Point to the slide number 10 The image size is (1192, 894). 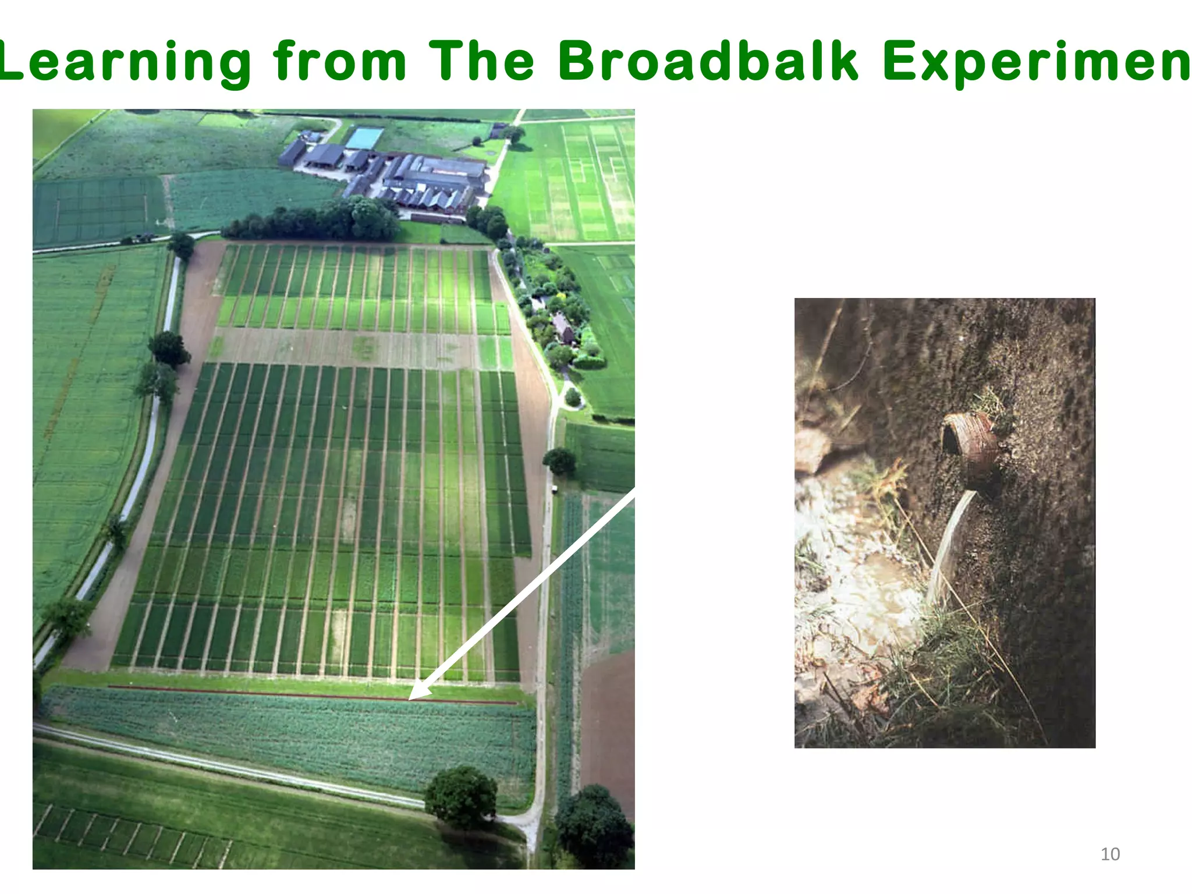coord(1110,854)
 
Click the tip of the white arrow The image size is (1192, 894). coord(411,698)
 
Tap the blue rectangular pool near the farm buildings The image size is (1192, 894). coord(364,138)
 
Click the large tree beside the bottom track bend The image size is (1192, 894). coord(461,795)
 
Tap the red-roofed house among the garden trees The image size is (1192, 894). coord(563,327)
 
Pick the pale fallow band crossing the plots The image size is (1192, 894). coord(349,347)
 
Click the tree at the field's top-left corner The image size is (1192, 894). coord(182,245)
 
